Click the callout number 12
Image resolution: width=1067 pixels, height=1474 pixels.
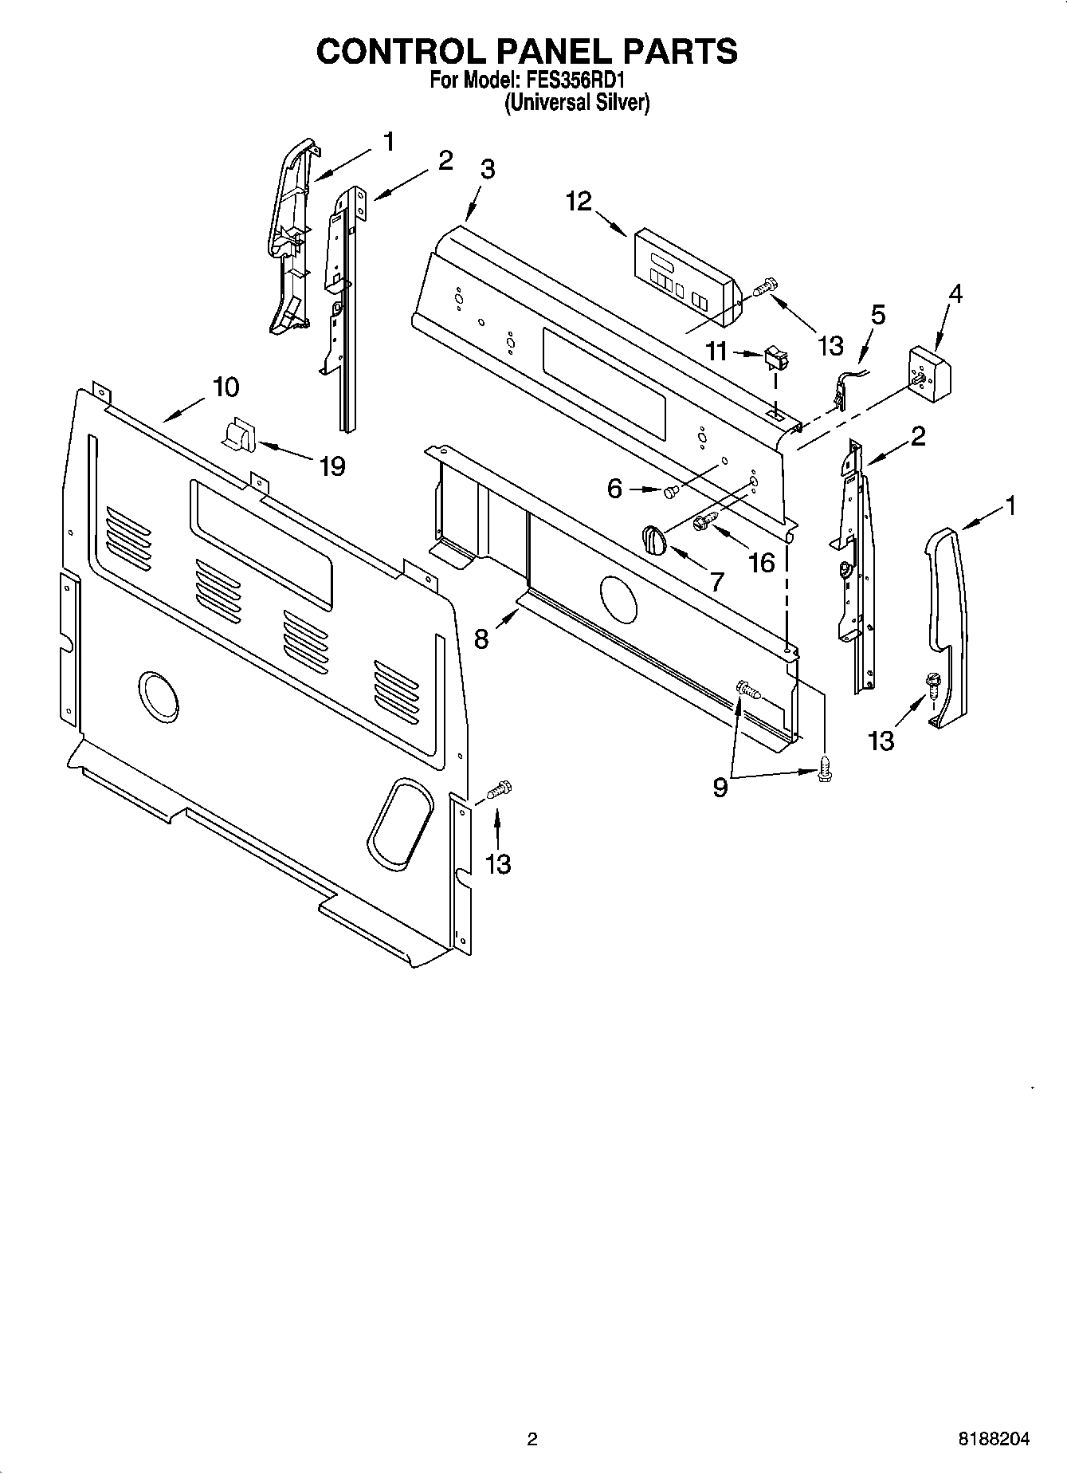(579, 201)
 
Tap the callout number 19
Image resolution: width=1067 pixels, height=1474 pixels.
(331, 466)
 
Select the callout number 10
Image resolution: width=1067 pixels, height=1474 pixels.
(226, 387)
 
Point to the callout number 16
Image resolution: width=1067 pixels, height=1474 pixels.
(762, 563)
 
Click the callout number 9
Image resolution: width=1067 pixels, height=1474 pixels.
(720, 788)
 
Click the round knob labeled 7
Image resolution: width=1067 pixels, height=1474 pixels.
(652, 540)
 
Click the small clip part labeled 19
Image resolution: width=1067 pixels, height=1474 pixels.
(236, 437)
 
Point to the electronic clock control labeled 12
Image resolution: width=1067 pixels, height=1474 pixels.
(685, 279)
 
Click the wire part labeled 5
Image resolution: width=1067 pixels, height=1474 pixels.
(843, 388)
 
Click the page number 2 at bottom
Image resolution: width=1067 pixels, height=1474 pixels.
(532, 1439)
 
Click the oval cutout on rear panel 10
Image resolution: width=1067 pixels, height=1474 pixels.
(401, 822)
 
